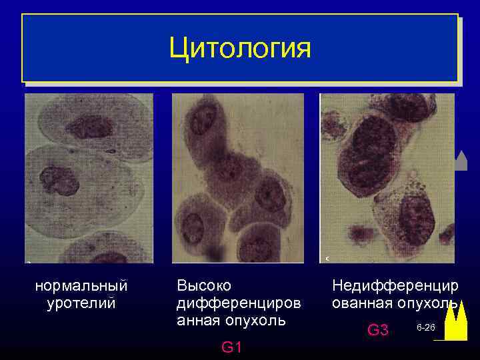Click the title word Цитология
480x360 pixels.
click(240, 48)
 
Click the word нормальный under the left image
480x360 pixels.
click(81, 286)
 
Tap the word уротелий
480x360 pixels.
click(81, 303)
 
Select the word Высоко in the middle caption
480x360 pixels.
click(204, 286)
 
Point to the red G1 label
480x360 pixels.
click(231, 347)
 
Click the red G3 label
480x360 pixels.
click(378, 330)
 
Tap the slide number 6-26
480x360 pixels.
click(425, 329)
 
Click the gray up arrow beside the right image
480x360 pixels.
click(461, 161)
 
